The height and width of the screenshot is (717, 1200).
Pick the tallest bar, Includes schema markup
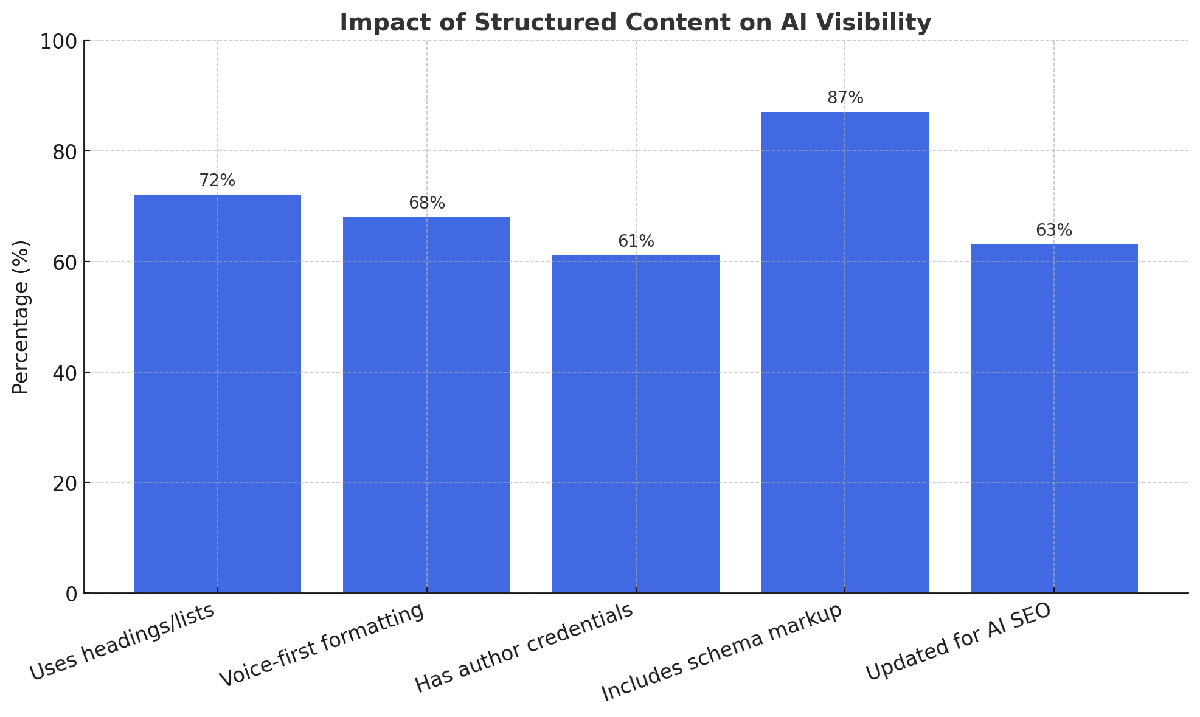point(845,353)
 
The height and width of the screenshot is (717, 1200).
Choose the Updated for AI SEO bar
point(1054,419)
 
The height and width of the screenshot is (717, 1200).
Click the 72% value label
point(217,181)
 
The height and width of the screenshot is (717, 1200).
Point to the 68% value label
point(427,203)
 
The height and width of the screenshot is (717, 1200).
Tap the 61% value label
point(636,241)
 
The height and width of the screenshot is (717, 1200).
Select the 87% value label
point(845,98)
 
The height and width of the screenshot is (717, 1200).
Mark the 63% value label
point(1054,230)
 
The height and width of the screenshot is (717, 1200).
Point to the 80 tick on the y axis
point(63,151)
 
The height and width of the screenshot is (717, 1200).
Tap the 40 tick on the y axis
point(63,373)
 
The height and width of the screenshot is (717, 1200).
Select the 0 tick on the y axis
point(71,594)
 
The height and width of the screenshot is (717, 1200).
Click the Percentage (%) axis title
point(21,317)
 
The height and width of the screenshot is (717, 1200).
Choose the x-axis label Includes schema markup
point(723,653)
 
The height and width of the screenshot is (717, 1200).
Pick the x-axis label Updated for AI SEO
point(958,642)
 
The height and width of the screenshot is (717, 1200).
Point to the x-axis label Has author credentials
point(525,649)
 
